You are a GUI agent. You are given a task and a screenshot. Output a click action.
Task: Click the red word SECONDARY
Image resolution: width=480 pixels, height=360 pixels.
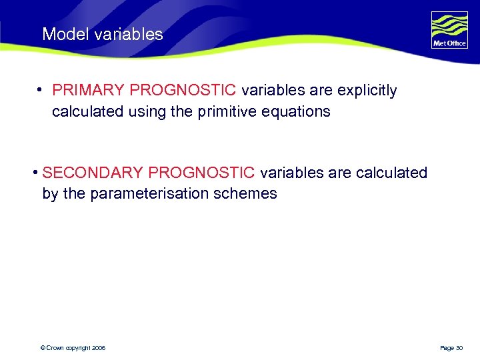click(x=92, y=173)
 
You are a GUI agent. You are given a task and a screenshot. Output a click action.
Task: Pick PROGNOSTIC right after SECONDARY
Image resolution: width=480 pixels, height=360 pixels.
click(x=202, y=173)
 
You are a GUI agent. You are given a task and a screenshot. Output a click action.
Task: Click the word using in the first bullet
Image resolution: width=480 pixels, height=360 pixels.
click(x=146, y=111)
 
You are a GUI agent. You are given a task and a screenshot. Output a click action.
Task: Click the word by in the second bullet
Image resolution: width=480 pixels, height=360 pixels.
click(x=50, y=194)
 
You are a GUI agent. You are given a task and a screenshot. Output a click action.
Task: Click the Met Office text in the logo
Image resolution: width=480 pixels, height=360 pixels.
click(x=449, y=44)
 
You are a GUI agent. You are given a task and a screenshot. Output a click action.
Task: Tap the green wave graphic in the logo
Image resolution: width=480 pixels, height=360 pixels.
click(x=449, y=25)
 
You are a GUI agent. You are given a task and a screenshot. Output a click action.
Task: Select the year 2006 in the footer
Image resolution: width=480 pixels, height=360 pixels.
click(x=99, y=348)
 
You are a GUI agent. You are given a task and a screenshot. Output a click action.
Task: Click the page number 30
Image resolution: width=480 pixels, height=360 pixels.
click(x=459, y=348)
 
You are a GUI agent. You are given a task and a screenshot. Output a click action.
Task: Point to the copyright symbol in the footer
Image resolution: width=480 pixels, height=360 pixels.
click(x=43, y=348)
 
